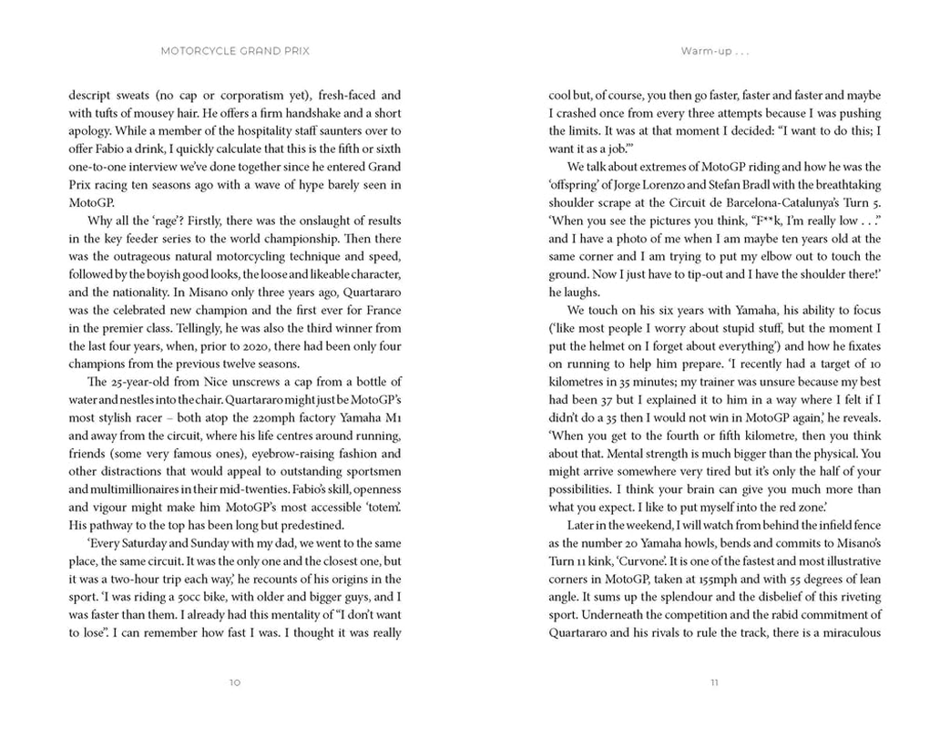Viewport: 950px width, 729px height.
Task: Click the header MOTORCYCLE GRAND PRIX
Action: coord(235,51)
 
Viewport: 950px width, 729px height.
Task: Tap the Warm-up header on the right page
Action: coord(714,51)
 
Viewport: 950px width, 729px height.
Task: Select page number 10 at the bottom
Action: coord(235,682)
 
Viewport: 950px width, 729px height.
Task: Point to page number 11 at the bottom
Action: coord(714,682)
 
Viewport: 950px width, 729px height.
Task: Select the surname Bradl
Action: coord(787,185)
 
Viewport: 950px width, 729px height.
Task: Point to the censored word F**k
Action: coord(741,221)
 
